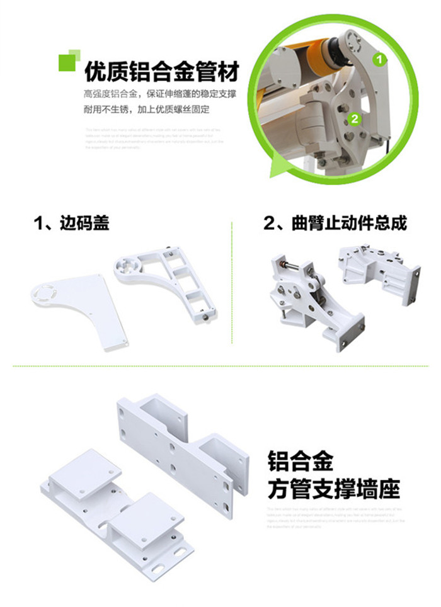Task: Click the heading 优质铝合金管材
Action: (162, 72)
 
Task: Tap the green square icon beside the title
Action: (69, 61)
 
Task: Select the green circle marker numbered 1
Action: (378, 60)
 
